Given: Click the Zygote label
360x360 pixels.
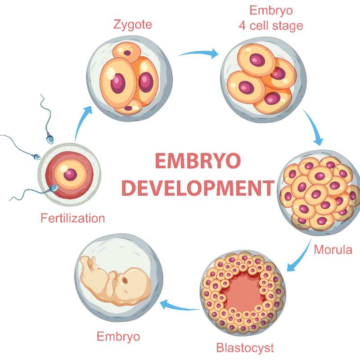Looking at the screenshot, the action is (x=132, y=25).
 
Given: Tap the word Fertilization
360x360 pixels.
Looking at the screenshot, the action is (x=72, y=218).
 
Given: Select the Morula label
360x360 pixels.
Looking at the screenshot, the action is (x=333, y=250).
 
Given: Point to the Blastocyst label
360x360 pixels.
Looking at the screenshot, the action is (x=245, y=347).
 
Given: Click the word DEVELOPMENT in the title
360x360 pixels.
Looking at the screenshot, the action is (x=198, y=188).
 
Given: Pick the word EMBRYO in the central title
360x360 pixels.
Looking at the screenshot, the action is (x=198, y=161).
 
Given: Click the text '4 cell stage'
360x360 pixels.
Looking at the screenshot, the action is (x=271, y=26).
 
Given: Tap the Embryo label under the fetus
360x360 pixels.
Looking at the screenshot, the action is (x=118, y=337).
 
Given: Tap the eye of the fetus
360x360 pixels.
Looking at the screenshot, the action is (x=125, y=280).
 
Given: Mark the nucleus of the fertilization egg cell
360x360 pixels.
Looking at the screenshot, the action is (x=70, y=175).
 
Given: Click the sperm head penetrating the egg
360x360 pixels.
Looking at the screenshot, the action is (x=54, y=188).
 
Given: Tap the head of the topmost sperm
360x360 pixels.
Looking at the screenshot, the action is (x=50, y=139).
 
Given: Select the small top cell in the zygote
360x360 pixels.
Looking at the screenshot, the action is (x=127, y=53).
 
